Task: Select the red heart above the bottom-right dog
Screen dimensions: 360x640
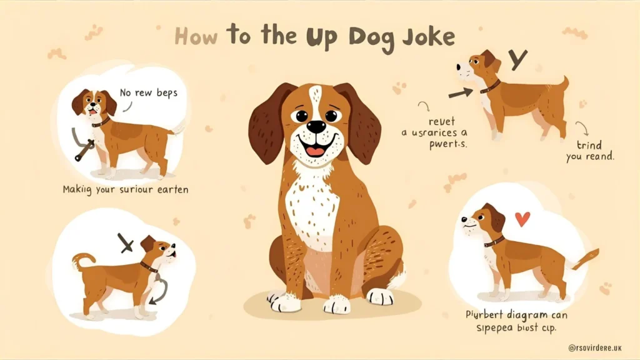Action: pyautogui.click(x=522, y=219)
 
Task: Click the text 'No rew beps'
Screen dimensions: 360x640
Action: pyautogui.click(x=149, y=92)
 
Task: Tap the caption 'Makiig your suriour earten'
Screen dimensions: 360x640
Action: pyautogui.click(x=124, y=187)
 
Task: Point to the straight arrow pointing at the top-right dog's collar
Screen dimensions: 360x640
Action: pyautogui.click(x=461, y=93)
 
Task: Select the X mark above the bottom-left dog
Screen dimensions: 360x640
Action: pyautogui.click(x=126, y=243)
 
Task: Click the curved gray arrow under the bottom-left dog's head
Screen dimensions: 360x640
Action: pyautogui.click(x=159, y=291)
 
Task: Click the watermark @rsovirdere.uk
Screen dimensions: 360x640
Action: pyautogui.click(x=599, y=347)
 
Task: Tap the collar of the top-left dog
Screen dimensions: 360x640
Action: pyautogui.click(x=101, y=122)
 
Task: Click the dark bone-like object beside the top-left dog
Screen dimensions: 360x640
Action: pyautogui.click(x=80, y=146)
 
